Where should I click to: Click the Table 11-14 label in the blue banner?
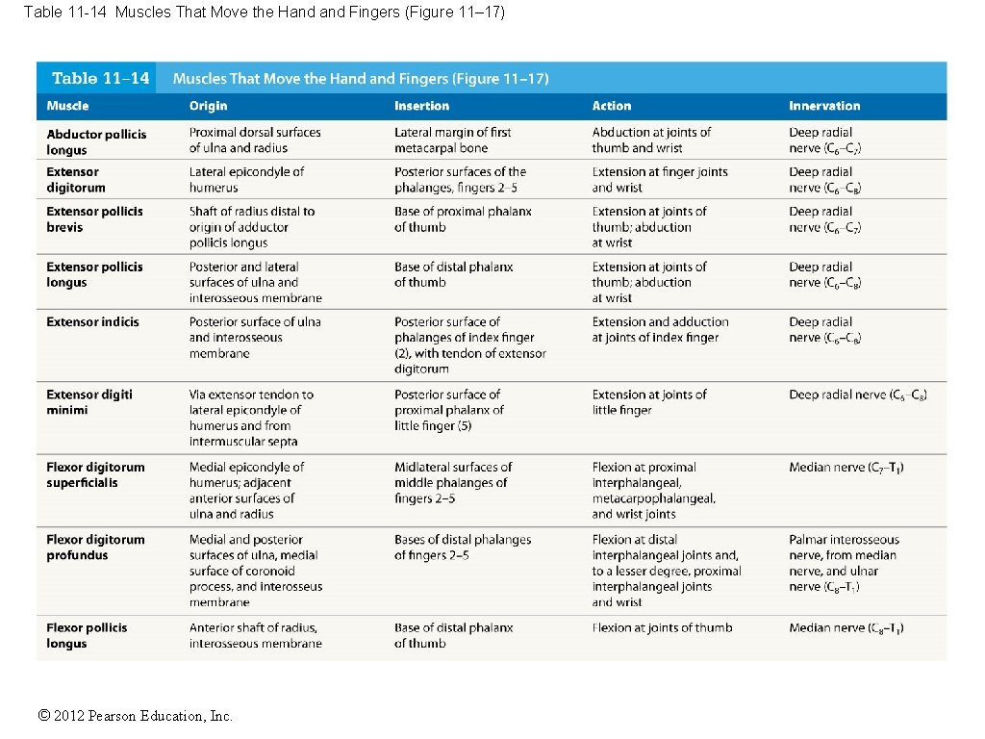click(101, 79)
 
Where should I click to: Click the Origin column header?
click(208, 106)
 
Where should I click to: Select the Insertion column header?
click(421, 106)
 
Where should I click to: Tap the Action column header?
click(612, 106)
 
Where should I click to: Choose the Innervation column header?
click(824, 106)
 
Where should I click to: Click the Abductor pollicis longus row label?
click(96, 141)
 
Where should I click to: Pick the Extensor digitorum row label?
click(76, 180)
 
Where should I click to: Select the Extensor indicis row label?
click(92, 321)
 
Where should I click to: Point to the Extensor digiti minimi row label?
click(89, 402)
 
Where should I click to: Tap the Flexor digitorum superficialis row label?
click(95, 474)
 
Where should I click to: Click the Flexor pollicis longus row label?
click(87, 635)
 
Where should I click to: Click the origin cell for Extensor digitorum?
click(246, 180)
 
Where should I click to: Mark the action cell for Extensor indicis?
click(660, 329)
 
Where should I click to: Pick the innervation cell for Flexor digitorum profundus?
click(844, 563)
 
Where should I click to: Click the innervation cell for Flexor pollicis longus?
click(846, 628)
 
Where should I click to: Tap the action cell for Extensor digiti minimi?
click(649, 402)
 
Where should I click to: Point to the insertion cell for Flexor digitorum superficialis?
click(452, 482)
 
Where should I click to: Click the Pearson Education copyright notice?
click(135, 715)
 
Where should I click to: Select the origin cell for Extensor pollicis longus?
click(255, 282)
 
